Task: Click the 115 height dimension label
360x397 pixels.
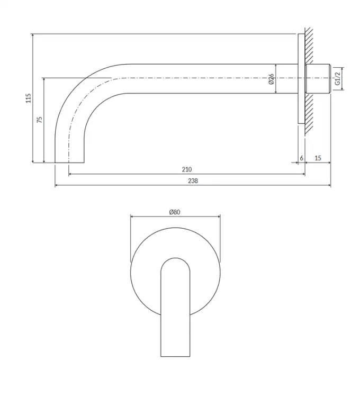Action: pyautogui.click(x=29, y=98)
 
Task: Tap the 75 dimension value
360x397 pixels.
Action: pyautogui.click(x=40, y=120)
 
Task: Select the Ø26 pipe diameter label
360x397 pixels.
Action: pyautogui.click(x=271, y=79)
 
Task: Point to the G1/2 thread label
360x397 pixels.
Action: pyautogui.click(x=337, y=78)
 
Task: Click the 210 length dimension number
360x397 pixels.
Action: pyautogui.click(x=187, y=169)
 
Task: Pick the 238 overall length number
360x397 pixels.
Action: pyautogui.click(x=193, y=181)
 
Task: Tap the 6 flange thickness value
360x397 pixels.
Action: pyautogui.click(x=302, y=158)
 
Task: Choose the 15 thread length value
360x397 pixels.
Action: pyautogui.click(x=318, y=158)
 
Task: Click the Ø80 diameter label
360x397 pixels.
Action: pyautogui.click(x=175, y=212)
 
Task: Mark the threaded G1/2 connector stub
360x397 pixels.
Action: pyautogui.click(x=318, y=79)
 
